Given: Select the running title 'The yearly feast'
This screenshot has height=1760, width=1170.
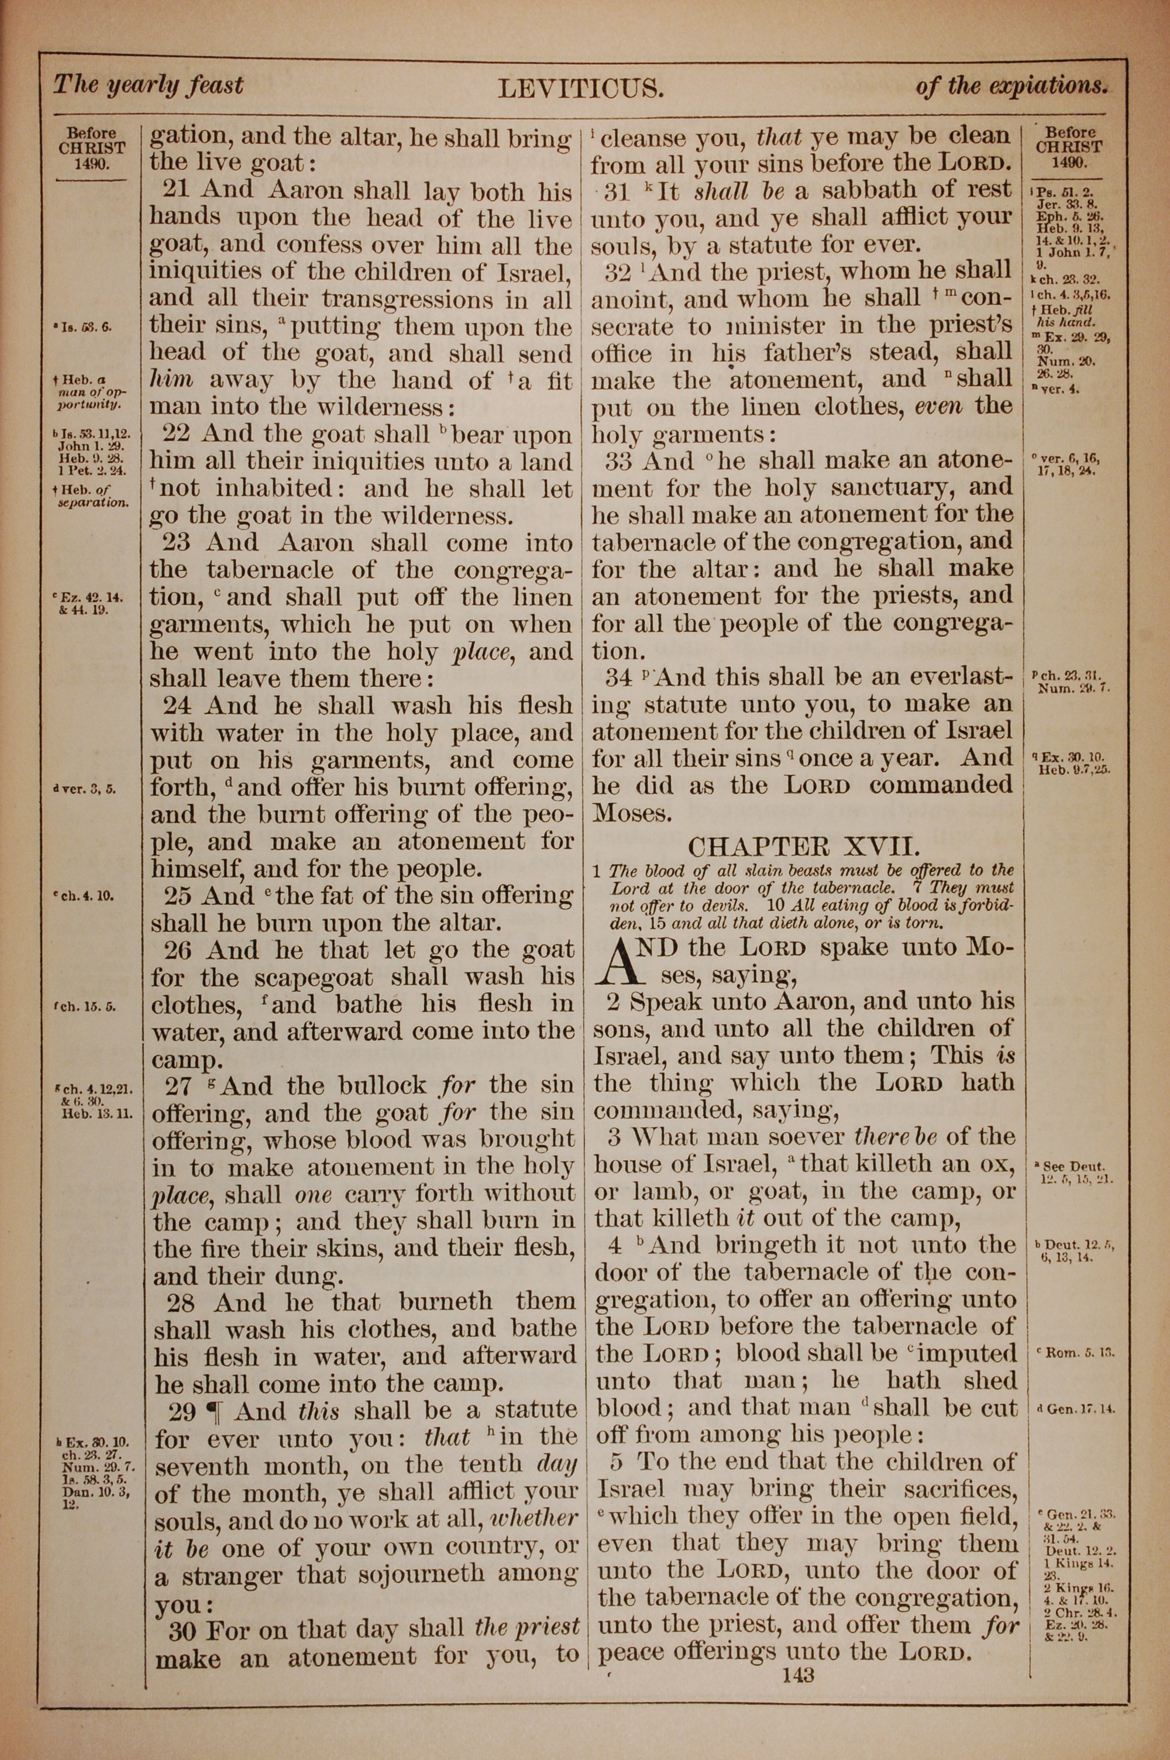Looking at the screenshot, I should [148, 85].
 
